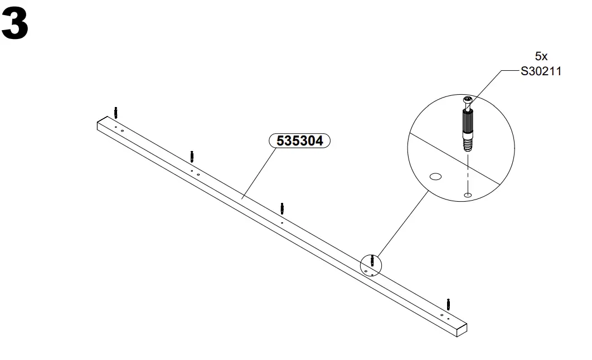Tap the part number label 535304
point(300,141)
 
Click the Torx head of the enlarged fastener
point(467,100)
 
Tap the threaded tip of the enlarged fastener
point(467,145)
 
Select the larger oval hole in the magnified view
point(435,177)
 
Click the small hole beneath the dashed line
point(468,194)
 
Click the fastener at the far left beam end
point(115,112)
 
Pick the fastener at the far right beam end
point(448,304)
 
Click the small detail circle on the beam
point(370,264)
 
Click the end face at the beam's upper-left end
point(99,125)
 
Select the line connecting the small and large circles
point(401,223)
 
